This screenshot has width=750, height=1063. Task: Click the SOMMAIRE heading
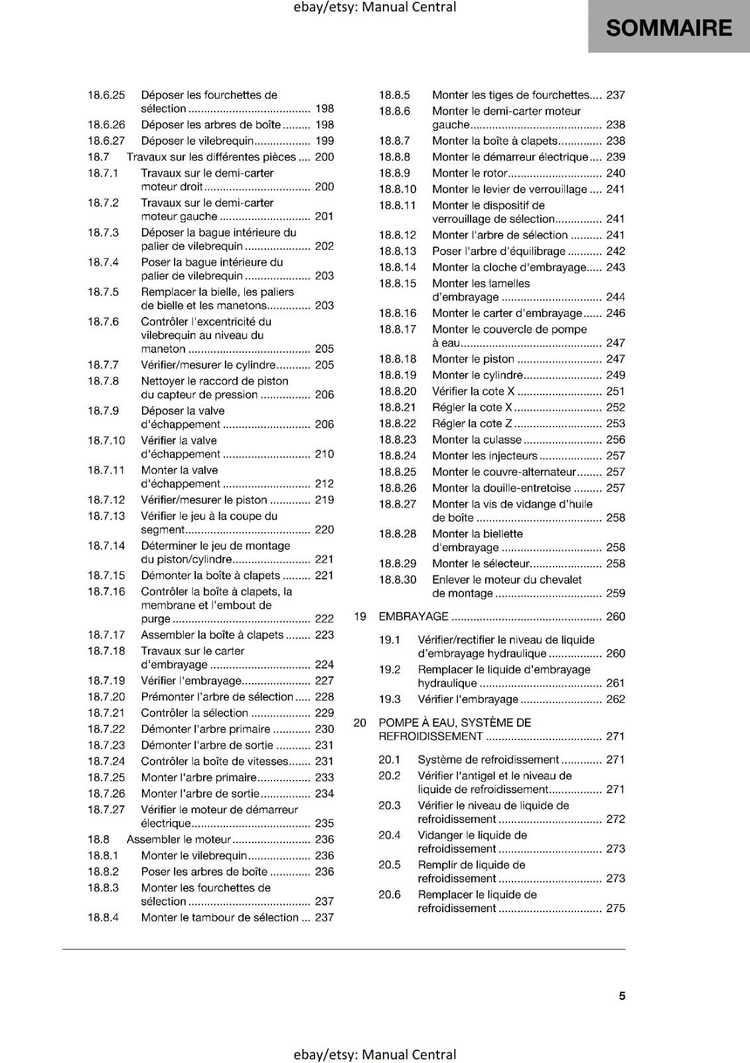668,28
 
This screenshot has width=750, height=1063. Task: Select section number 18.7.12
106,500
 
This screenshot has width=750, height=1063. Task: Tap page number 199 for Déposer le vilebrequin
325,141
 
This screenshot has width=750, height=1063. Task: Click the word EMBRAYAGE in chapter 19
413,617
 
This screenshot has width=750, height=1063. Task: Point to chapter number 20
360,723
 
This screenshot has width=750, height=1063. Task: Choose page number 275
615,908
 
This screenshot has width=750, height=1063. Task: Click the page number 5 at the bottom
622,996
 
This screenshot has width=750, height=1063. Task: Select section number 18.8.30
398,580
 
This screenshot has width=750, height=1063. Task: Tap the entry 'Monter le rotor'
470,173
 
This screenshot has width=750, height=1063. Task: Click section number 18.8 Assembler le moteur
98,840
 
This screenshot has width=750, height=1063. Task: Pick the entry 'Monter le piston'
473,359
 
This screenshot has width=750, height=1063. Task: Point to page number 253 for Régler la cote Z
615,424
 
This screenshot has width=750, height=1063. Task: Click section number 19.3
390,700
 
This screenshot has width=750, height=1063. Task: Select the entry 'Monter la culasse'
477,440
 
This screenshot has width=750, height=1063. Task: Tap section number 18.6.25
106,95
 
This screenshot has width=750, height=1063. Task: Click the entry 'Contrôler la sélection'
194,713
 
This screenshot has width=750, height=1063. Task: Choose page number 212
325,484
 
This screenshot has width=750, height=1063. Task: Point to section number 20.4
390,835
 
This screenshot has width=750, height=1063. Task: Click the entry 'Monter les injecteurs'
485,456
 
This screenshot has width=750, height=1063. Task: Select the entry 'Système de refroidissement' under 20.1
488,759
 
